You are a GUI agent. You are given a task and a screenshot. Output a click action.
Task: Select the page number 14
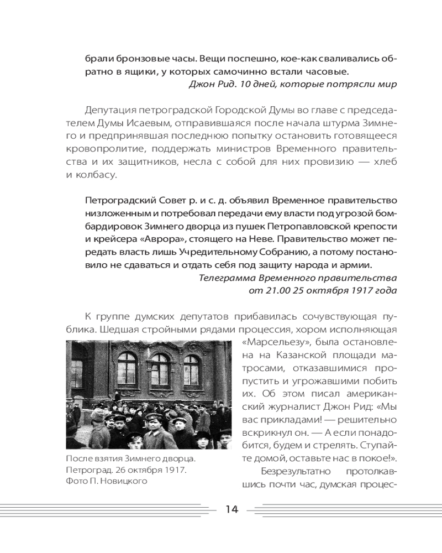(231, 509)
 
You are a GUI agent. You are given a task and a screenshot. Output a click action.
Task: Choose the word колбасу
(99, 175)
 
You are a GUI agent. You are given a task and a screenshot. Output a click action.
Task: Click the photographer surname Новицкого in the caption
(127, 481)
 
